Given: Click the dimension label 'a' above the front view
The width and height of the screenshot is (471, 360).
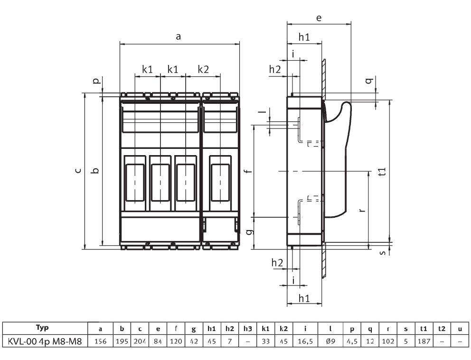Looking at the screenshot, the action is (178, 37).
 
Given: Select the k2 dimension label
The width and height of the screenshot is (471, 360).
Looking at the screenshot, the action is (203, 69).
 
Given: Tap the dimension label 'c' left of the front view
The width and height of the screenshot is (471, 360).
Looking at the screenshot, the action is (78, 170).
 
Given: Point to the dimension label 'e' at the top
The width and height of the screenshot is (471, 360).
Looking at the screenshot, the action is (319, 18).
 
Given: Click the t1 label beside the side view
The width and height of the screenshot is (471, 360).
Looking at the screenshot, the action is (382, 172).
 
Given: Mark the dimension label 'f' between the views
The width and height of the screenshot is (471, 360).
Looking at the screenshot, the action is (248, 171).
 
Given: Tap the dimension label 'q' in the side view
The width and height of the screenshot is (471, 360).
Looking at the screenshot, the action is (370, 81).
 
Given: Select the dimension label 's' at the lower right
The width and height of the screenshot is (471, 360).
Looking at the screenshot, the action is (383, 253).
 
